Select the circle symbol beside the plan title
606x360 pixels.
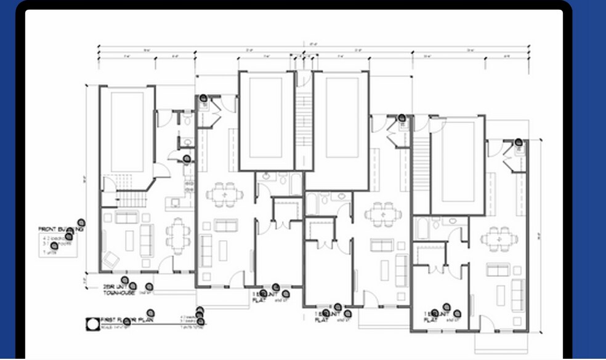(92, 322)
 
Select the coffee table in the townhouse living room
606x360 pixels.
(130, 240)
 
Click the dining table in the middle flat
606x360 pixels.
(383, 215)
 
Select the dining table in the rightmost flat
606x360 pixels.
(499, 238)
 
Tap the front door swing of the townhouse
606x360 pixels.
(166, 265)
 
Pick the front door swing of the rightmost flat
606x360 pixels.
(487, 323)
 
